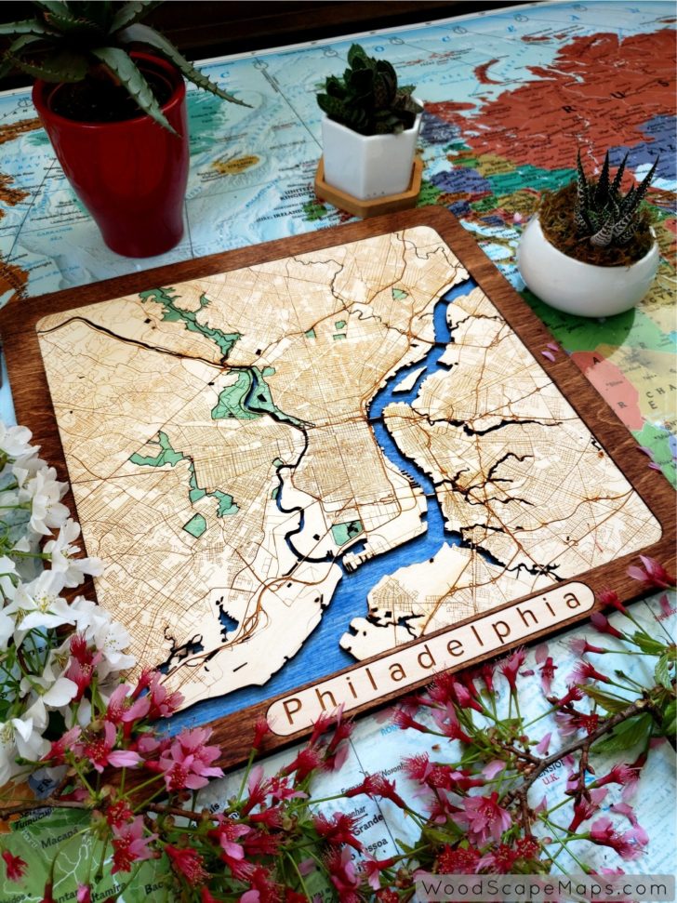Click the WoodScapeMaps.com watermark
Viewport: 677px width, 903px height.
coord(543,887)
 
